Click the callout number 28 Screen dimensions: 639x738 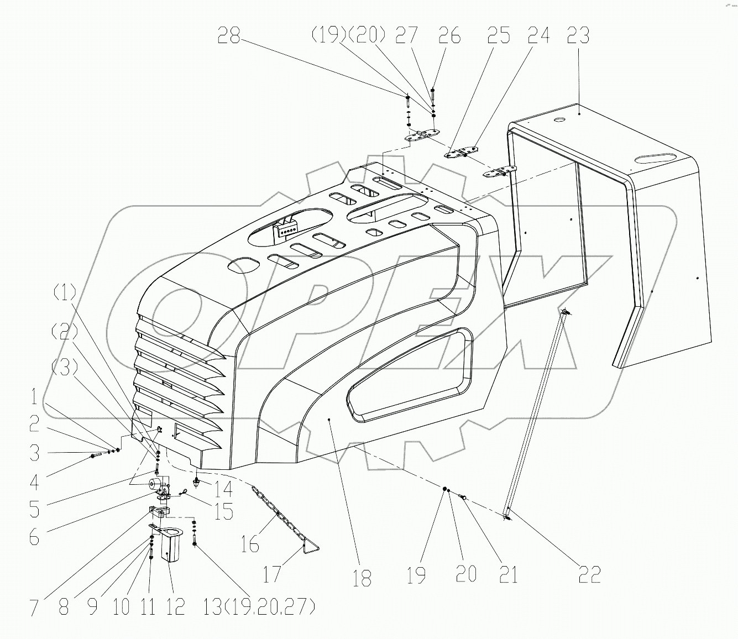(229, 36)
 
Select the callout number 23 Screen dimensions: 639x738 (578, 36)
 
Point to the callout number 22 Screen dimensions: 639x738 (589, 575)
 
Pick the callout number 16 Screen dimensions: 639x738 (249, 544)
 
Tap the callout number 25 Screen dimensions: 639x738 (499, 36)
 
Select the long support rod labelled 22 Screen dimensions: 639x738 (535, 415)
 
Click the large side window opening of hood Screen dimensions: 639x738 (409, 376)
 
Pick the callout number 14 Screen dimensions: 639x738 (224, 489)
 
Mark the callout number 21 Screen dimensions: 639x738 (508, 575)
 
